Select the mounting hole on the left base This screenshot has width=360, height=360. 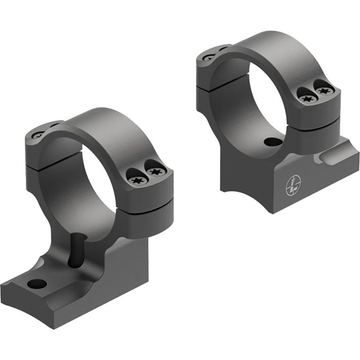[37, 284]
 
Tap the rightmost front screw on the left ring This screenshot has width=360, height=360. [155, 172]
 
